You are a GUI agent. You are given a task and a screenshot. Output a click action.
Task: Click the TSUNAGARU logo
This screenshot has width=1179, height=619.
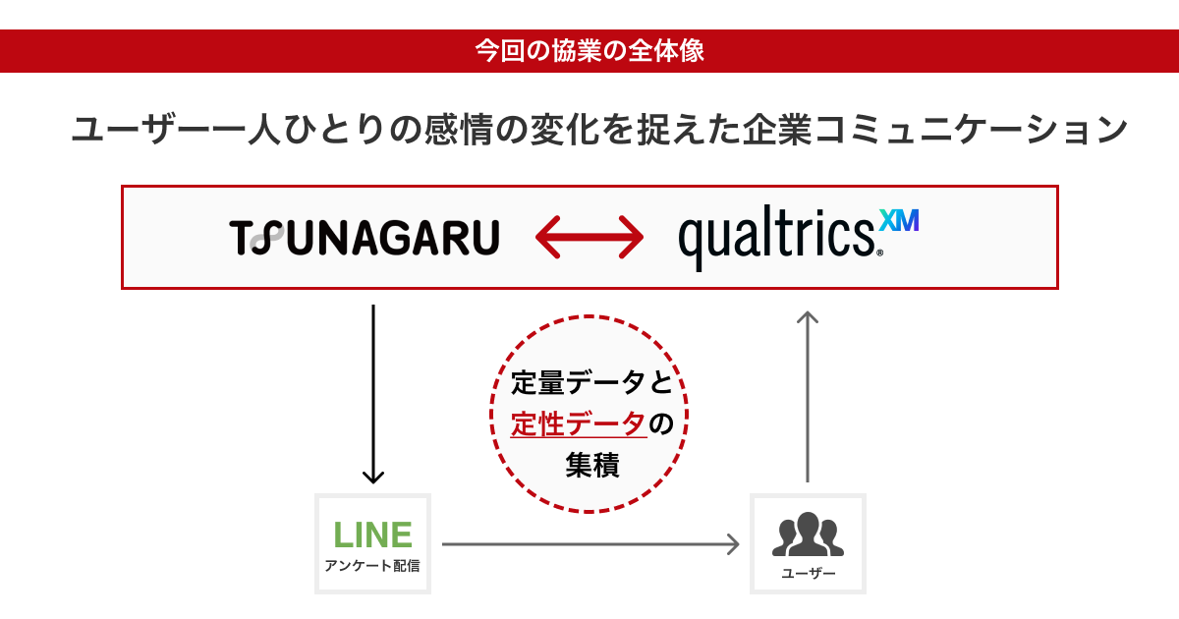coord(365,238)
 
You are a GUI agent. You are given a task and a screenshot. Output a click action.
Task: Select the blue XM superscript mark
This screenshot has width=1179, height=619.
coord(899,221)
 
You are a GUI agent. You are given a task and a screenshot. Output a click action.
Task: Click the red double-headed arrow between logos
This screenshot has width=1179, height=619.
coord(589,238)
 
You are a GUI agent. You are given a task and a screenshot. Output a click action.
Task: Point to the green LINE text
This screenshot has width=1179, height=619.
coord(372,535)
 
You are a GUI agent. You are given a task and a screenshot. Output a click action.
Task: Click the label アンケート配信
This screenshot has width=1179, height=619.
coord(372,566)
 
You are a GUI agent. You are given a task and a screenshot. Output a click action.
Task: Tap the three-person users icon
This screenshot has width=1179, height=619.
coord(808,535)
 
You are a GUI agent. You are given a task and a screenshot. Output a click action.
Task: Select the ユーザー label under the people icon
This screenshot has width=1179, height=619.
coord(808,573)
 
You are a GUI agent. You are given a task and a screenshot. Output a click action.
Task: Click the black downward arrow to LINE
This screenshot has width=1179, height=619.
coord(372,393)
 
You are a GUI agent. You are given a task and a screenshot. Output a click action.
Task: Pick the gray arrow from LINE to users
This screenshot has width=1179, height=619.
coord(589,543)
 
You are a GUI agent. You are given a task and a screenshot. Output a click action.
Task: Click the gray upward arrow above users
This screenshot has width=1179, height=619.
coord(808,393)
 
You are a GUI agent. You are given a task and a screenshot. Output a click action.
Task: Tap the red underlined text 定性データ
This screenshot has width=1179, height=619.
coord(578,423)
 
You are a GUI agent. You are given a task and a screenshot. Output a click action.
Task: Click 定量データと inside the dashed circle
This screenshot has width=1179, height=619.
coord(589,381)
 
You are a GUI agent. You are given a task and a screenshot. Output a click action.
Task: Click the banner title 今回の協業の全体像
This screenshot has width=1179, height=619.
coord(589,51)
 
